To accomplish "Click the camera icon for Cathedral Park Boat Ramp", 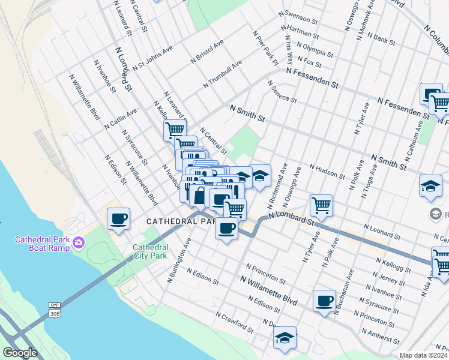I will click(x=79, y=243).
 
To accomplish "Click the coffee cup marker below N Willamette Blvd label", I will click(x=324, y=301).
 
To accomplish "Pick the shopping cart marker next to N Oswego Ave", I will click(x=322, y=206).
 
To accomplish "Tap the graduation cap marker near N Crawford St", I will click(x=285, y=338).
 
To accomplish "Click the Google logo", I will click(x=20, y=353).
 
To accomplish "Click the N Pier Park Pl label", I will click(x=265, y=49).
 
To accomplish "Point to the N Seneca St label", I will click(x=282, y=91).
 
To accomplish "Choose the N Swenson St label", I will click(x=298, y=16).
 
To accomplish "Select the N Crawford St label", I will click(x=234, y=323).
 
